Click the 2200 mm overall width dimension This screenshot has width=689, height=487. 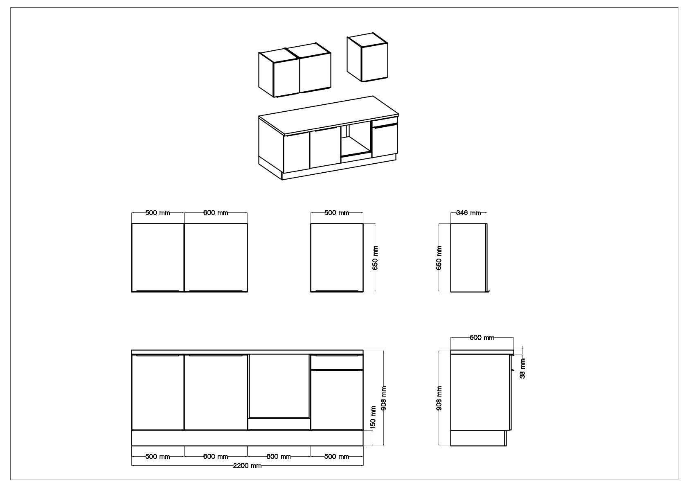247,465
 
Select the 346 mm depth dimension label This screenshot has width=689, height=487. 468,212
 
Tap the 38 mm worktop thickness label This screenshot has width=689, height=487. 522,368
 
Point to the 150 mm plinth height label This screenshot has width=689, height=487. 373,417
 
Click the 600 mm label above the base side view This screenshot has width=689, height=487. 482,338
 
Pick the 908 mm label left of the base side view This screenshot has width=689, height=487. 439,398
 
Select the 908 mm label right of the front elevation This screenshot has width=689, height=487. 383,398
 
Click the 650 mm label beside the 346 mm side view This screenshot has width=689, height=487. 439,258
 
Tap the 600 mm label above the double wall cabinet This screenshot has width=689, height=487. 216,212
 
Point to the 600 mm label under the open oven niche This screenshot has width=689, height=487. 279,457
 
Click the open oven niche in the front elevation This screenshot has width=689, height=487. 279,386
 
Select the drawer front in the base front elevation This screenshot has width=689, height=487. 337,362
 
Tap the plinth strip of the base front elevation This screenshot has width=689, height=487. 247,438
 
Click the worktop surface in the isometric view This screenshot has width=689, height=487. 329,115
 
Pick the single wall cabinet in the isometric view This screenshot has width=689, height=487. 367,57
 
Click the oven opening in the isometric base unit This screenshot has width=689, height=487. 356,142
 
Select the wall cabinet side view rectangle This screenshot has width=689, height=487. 468,258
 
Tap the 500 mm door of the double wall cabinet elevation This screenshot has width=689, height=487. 158,257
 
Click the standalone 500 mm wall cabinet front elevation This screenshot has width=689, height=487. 337,257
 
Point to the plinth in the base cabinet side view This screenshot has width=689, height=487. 478,438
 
